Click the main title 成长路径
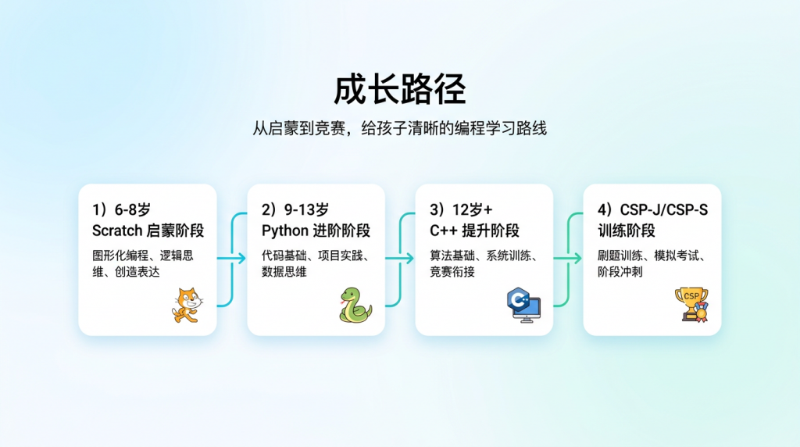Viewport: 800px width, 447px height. pos(399,89)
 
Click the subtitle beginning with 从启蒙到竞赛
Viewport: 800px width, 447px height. pos(399,128)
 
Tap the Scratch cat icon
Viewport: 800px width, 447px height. pos(187,305)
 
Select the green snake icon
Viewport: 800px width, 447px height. pos(355,305)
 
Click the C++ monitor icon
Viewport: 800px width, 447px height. pos(523,305)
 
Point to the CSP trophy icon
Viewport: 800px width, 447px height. pos(692,305)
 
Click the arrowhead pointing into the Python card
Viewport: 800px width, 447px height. pos(241,258)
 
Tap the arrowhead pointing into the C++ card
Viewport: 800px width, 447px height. pos(409,258)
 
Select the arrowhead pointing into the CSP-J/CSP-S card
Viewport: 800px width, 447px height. pos(577,258)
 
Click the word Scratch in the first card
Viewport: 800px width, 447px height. pos(117,231)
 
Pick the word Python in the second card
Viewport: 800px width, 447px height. pos(285,231)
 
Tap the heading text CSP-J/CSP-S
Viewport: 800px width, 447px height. pos(664,209)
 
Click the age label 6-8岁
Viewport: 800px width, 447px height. pos(133,209)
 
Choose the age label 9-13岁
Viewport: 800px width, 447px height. pos(306,209)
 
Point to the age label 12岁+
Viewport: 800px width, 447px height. pos(473,209)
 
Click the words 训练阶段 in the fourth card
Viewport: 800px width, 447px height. pos(627,231)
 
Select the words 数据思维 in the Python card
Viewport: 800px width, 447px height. pos(284,271)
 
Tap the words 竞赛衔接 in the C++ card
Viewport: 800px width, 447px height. pos(452,271)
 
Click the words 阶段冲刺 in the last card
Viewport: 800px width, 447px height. pos(620,271)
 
